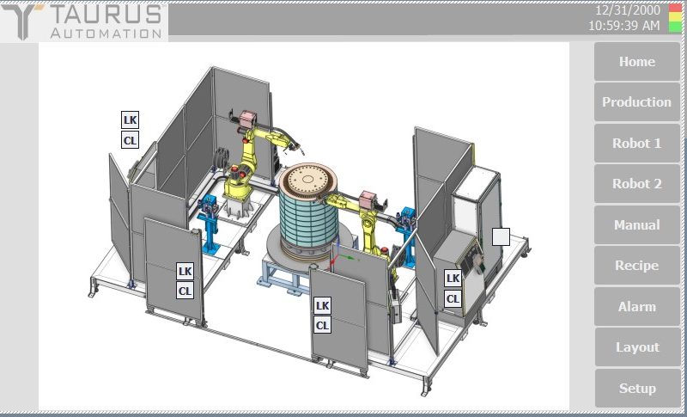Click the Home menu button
[x=636, y=61]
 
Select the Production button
[x=636, y=101]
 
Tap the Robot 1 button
[x=636, y=143]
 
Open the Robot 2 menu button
[x=636, y=184]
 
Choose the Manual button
[x=636, y=224]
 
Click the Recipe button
[x=636, y=266]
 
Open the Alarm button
[x=636, y=306]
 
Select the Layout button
[x=636, y=346]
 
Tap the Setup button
[x=636, y=388]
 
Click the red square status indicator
[x=675, y=8]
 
